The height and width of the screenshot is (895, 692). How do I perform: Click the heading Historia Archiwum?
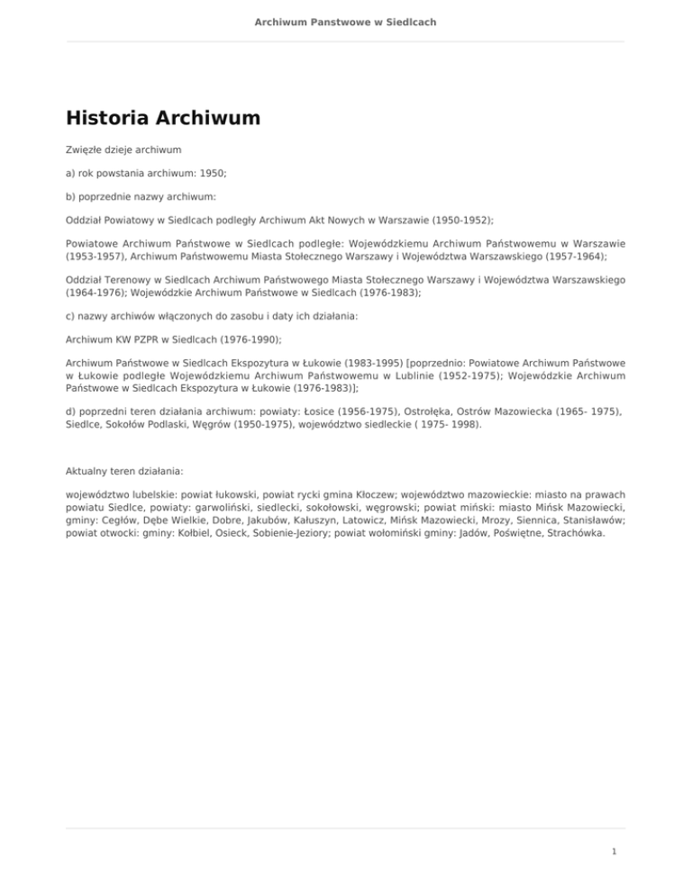click(163, 119)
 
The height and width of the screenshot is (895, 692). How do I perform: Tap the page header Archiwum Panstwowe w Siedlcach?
click(346, 21)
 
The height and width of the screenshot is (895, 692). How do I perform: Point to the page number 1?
click(614, 852)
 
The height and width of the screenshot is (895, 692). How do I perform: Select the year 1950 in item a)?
click(212, 171)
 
